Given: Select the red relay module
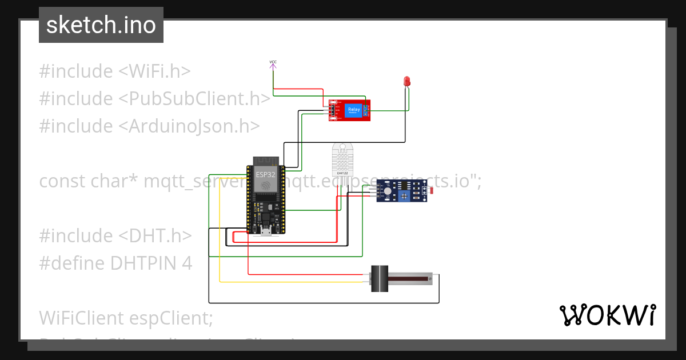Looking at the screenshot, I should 349,110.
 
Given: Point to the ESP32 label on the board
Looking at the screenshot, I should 265,174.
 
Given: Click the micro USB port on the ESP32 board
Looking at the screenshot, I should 265,231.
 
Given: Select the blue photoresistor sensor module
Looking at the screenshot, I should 402,190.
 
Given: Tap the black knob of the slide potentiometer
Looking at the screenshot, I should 380,279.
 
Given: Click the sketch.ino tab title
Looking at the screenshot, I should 101,25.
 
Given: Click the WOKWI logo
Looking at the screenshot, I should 607,315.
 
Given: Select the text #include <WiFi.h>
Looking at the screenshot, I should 115,71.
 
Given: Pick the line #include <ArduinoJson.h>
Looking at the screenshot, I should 149,126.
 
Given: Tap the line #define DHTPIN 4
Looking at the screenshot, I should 115,263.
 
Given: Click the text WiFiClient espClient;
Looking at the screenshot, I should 126,318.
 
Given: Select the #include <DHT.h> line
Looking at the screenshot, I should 115,236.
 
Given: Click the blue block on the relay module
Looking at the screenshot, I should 354,110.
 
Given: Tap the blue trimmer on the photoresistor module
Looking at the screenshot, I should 405,196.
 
